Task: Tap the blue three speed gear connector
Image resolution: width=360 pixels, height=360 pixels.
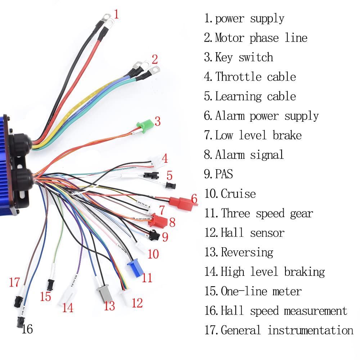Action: [135, 266]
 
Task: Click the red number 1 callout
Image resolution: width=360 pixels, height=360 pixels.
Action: [116, 14]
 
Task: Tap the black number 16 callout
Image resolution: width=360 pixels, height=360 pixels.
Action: [27, 328]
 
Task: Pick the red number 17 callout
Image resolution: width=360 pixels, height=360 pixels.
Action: [14, 283]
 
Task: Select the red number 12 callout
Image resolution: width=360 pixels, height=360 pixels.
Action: [137, 303]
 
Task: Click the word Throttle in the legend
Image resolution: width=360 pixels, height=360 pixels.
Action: [237, 77]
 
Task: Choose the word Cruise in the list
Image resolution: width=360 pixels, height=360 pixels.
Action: [238, 194]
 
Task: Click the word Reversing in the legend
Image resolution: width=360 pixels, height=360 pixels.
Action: [247, 252]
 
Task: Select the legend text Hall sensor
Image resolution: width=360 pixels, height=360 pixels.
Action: [252, 233]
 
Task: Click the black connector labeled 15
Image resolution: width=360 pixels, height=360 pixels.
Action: [51, 284]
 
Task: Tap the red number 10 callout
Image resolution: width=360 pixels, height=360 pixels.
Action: [153, 254]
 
